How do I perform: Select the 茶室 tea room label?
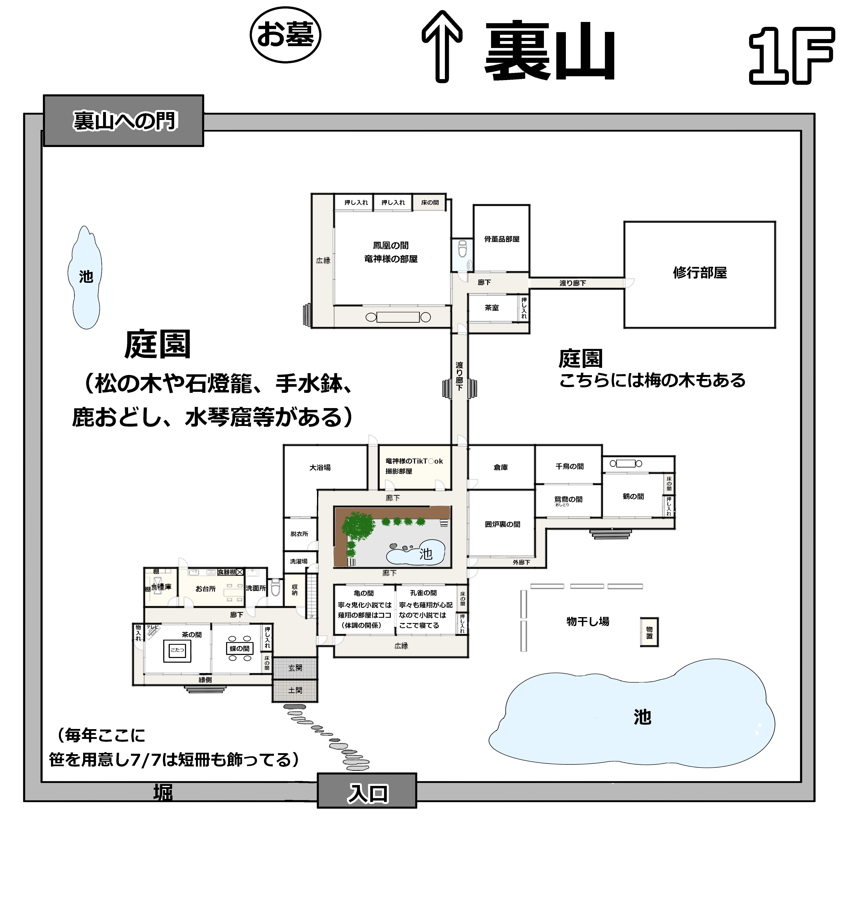tap(491, 307)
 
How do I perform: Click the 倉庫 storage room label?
tap(500, 467)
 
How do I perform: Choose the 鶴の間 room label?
tap(633, 496)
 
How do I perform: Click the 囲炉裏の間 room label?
tap(502, 524)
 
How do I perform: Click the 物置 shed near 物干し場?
tap(649, 632)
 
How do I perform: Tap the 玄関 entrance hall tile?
tap(295, 668)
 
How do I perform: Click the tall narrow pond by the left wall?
tap(85, 277)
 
